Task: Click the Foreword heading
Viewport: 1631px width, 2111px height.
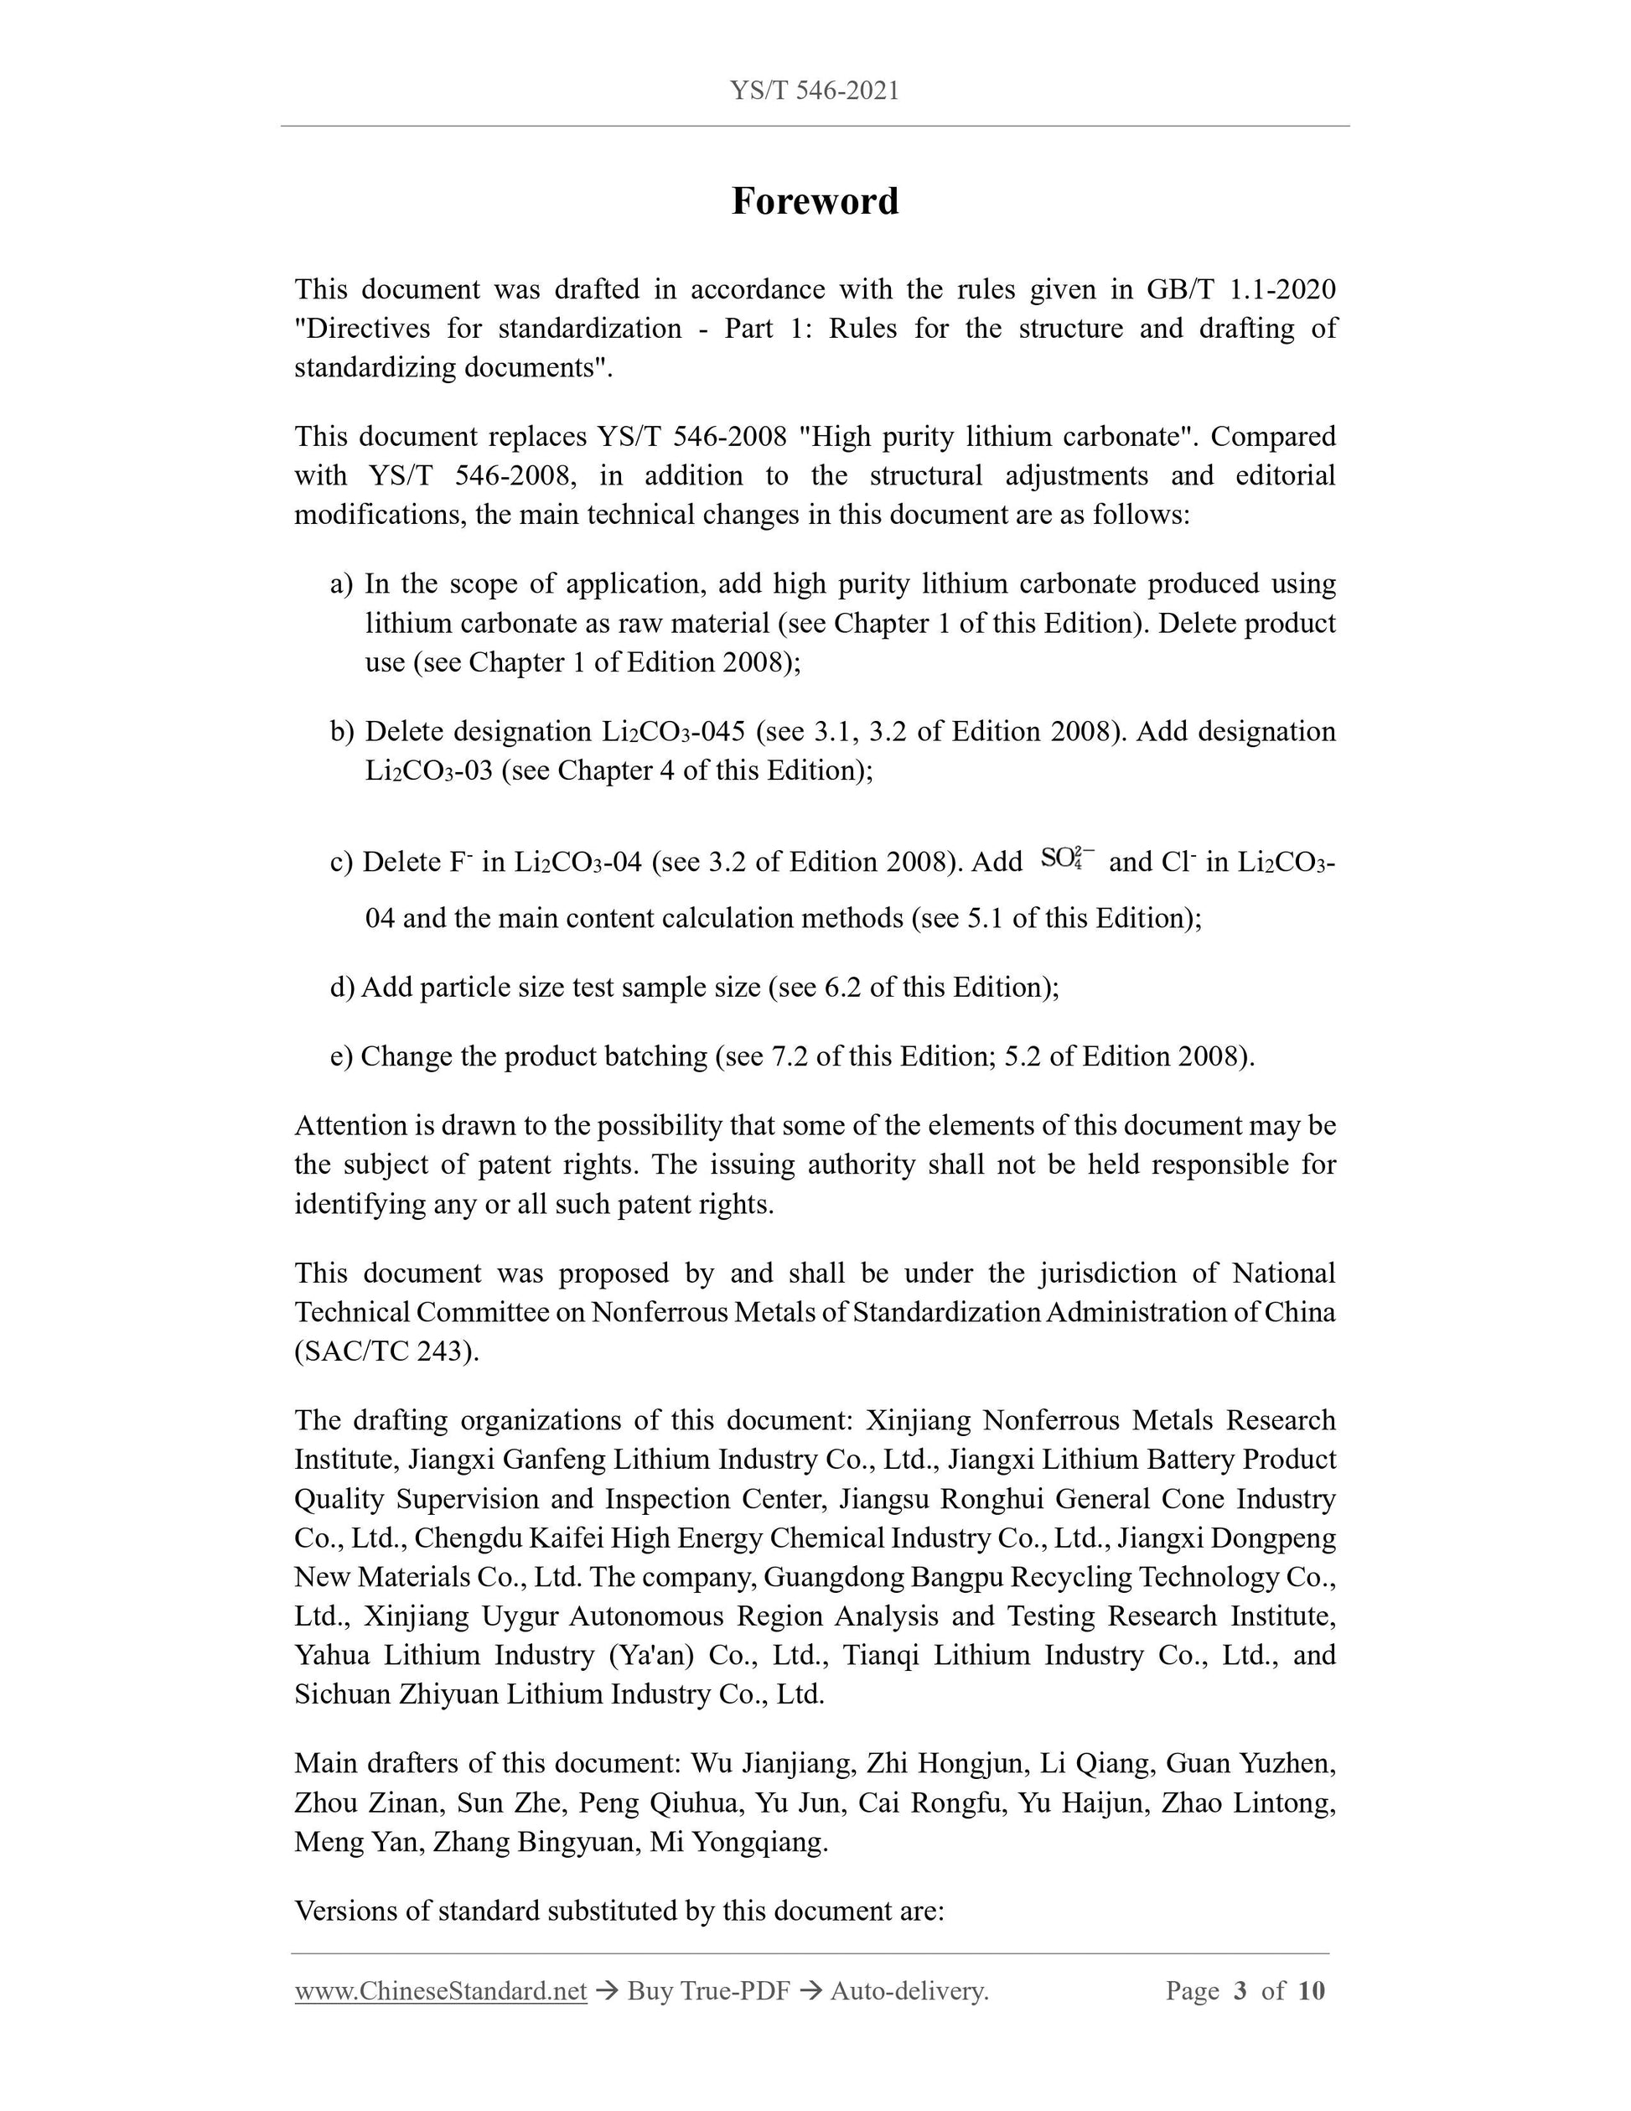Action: [815, 201]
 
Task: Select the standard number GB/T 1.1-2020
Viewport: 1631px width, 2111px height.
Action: [1240, 289]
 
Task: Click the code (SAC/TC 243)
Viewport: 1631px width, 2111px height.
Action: [386, 1351]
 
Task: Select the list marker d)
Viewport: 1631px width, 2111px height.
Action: [342, 987]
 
